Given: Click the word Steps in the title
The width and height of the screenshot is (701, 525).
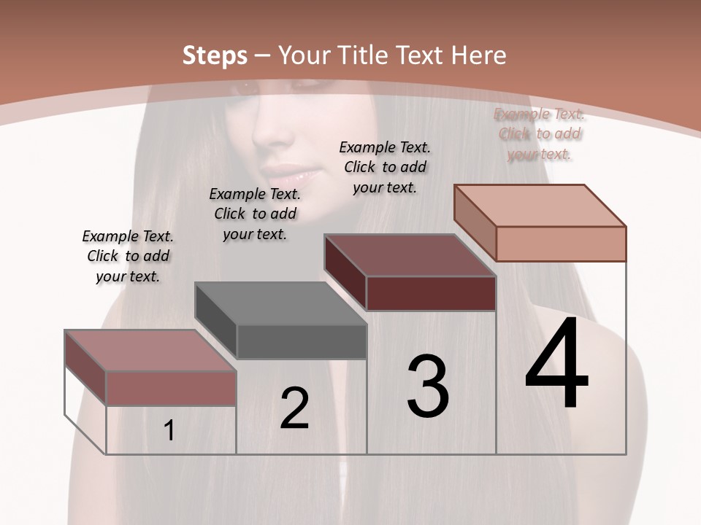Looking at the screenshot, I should [215, 55].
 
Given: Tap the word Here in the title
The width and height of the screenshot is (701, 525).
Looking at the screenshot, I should [479, 55].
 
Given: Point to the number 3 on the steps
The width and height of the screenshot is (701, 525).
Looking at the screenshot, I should [427, 386].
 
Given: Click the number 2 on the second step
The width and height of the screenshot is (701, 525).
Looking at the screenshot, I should [294, 408].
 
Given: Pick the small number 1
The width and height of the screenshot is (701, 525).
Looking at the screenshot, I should [169, 431].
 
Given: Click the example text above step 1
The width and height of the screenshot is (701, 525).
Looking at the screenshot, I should [128, 256].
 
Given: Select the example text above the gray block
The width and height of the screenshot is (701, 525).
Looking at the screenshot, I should [255, 214].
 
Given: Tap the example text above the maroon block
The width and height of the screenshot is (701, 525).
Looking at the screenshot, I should [385, 167].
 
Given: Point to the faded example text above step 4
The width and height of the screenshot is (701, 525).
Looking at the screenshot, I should [540, 133].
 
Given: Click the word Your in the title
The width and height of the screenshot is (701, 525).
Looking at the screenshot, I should [304, 55].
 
